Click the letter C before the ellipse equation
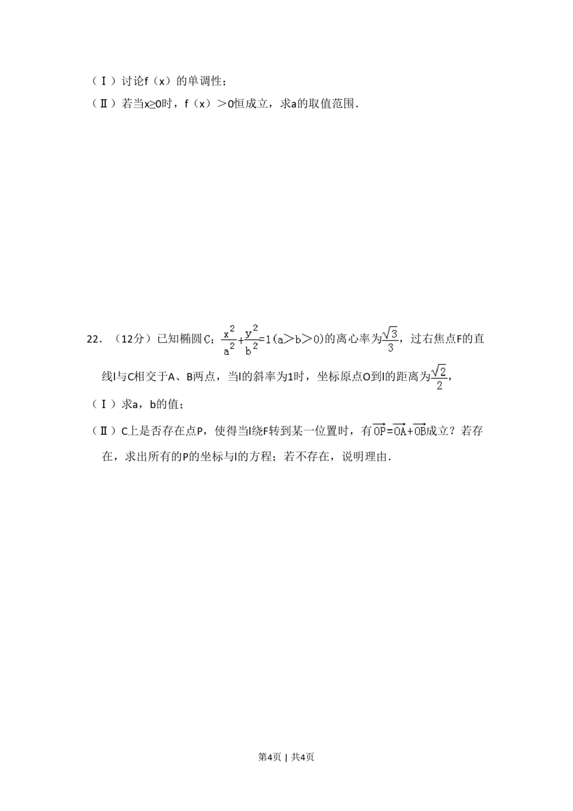(207, 340)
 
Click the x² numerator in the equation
(227, 332)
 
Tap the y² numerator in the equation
(250, 332)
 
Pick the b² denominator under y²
(250, 349)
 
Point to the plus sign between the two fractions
(240, 340)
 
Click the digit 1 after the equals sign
(268, 340)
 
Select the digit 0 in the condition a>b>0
(315, 340)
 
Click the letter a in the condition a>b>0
(280, 340)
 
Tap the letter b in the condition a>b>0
(298, 340)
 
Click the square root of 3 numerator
(391, 333)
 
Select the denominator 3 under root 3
(391, 348)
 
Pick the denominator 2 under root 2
(439, 386)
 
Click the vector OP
(379, 431)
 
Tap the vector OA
(399, 431)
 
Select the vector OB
(419, 431)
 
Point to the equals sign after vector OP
(390, 432)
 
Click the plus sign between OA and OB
(410, 432)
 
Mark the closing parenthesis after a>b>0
(321, 340)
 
